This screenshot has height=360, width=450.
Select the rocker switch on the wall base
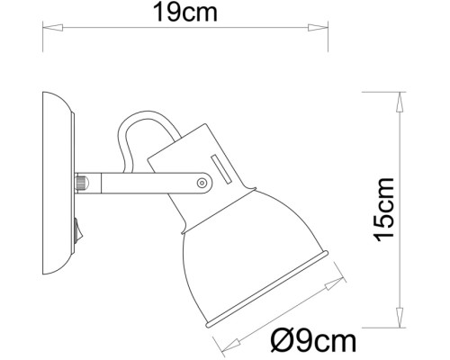click(77, 232)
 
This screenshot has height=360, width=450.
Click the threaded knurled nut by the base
click(82, 184)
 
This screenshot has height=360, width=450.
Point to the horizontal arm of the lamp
click(144, 183)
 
